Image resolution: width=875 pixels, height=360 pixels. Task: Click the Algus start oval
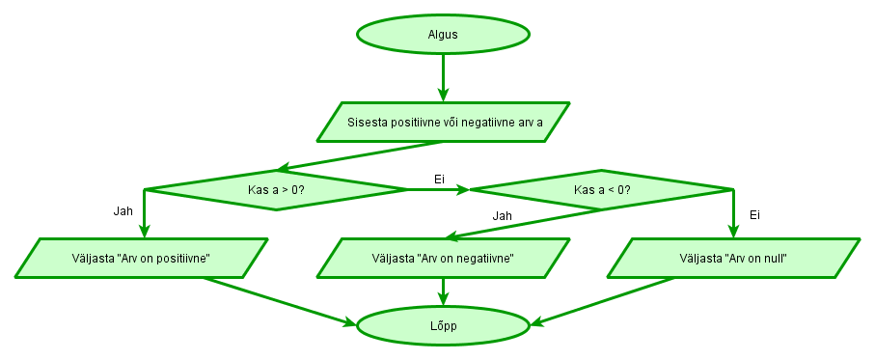click(443, 34)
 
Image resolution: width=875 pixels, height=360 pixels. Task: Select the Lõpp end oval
click(443, 326)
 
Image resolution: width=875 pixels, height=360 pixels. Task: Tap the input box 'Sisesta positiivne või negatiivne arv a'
click(443, 123)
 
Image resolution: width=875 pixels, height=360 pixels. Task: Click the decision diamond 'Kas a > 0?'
click(276, 189)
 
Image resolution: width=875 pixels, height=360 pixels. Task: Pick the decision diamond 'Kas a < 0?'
click(601, 189)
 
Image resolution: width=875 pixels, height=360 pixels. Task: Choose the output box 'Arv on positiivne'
click(142, 258)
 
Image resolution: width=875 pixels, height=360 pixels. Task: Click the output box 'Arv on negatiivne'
click(443, 258)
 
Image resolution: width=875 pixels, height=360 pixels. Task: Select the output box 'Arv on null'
click(733, 258)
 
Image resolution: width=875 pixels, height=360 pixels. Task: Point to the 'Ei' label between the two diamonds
click(439, 179)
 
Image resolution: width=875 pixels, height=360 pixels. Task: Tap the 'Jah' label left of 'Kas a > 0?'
click(122, 209)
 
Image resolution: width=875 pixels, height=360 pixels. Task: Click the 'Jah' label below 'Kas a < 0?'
click(502, 215)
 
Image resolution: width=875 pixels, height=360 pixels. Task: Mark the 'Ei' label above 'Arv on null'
click(754, 214)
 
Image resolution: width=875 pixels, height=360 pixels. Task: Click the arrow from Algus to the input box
click(443, 77)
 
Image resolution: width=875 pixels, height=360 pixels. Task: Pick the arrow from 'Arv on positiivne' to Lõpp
click(280, 301)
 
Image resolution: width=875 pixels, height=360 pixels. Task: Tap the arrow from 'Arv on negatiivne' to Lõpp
click(443, 291)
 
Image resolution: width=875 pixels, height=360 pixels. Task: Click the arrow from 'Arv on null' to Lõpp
click(603, 301)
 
